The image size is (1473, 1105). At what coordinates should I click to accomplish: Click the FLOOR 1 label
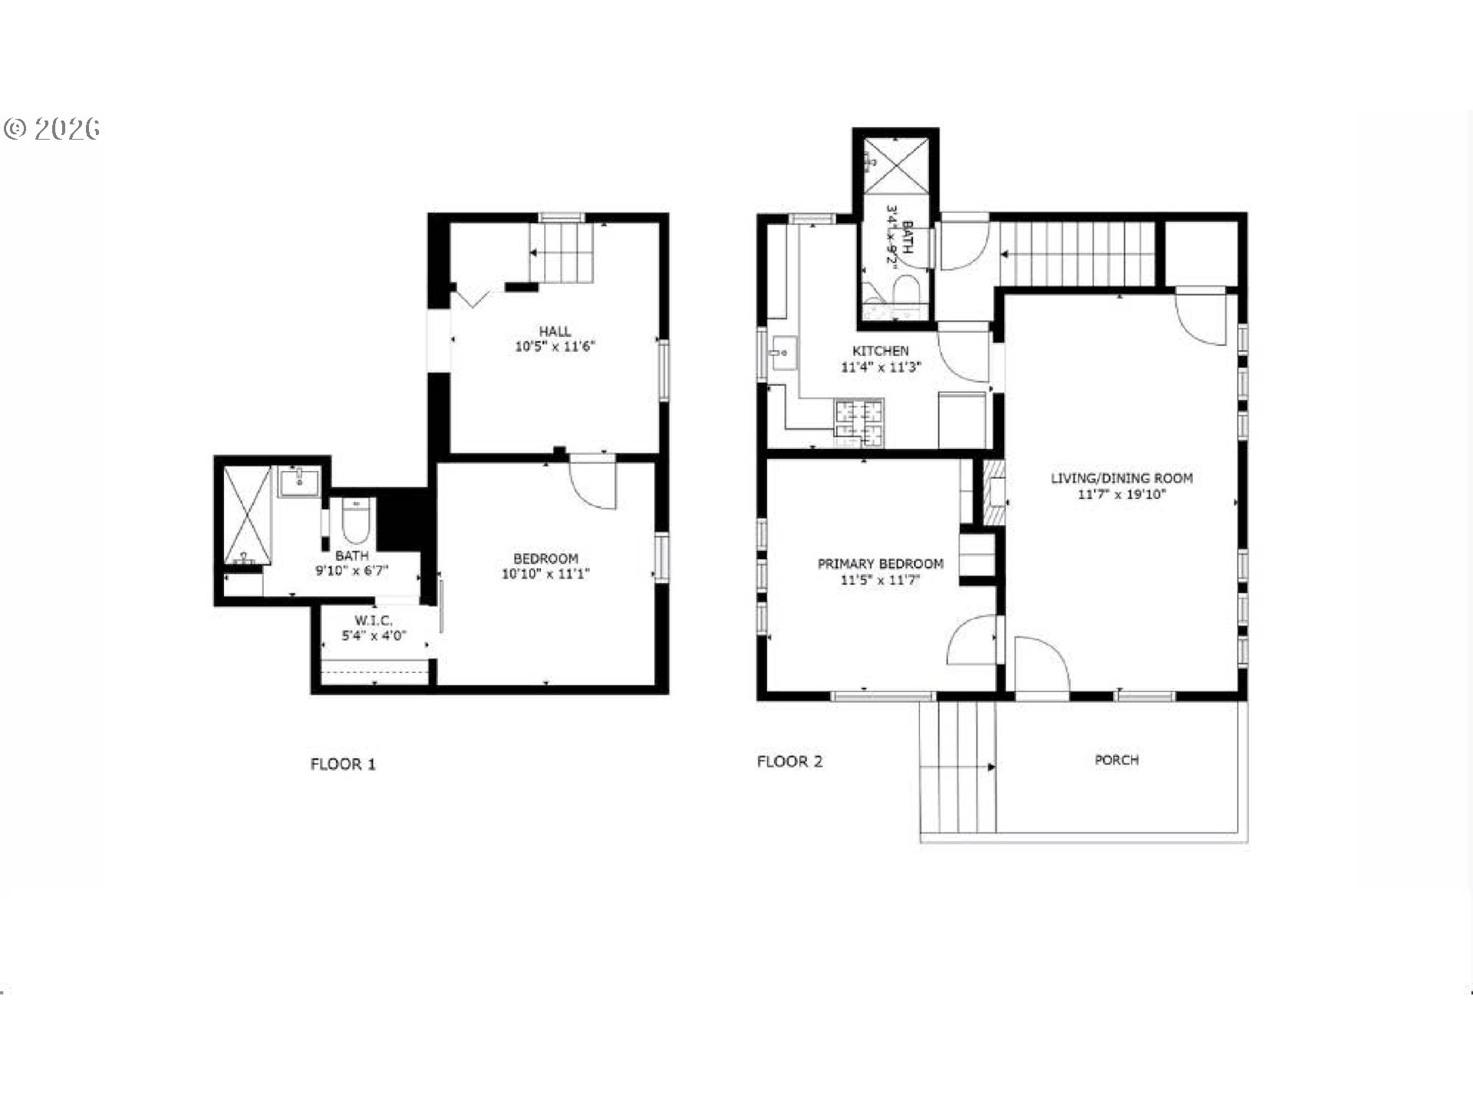pyautogui.click(x=343, y=764)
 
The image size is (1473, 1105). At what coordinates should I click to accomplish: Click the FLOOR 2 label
pyautogui.click(x=789, y=762)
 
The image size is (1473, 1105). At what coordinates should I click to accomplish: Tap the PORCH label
pyautogui.click(x=1116, y=760)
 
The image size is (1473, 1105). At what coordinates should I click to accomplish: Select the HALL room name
pyautogui.click(x=554, y=331)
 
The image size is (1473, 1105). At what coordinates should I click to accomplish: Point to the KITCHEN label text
pyautogui.click(x=881, y=351)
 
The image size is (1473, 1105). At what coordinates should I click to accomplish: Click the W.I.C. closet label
pyautogui.click(x=374, y=621)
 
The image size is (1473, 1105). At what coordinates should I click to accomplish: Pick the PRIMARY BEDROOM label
pyautogui.click(x=880, y=564)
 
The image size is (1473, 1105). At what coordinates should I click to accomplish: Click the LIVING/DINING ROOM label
pyautogui.click(x=1122, y=478)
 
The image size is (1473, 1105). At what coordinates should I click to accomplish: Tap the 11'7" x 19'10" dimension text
pyautogui.click(x=1122, y=495)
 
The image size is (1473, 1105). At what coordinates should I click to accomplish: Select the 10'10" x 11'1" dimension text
pyautogui.click(x=545, y=574)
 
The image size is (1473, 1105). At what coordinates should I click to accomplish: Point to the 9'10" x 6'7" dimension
pyautogui.click(x=352, y=571)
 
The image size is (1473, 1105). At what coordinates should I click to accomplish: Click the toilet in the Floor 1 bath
pyautogui.click(x=355, y=522)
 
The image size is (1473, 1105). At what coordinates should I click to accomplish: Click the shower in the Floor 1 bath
pyautogui.click(x=248, y=515)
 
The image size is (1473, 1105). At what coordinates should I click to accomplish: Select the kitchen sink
pyautogui.click(x=783, y=354)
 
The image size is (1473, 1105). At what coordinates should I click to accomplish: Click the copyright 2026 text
pyautogui.click(x=52, y=129)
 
